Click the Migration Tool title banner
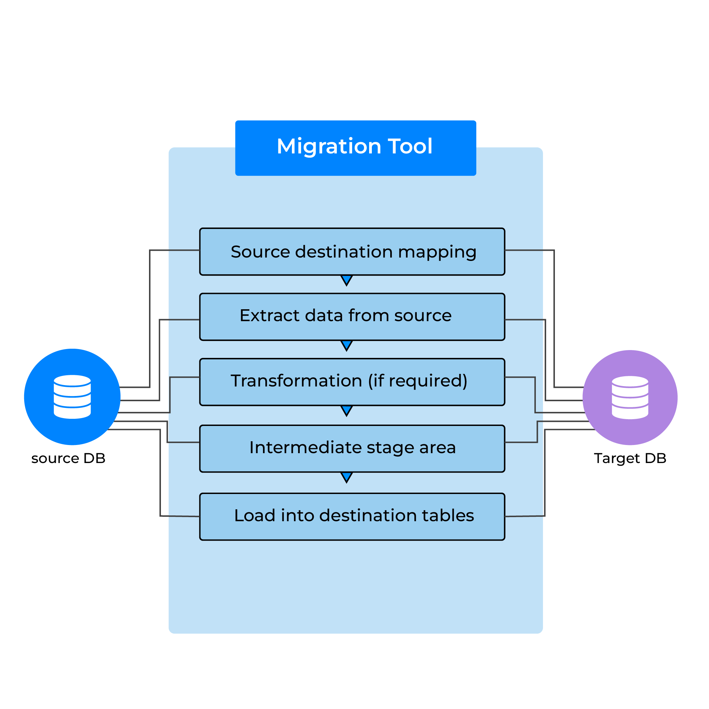pos(355,148)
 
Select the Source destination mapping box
pos(352,252)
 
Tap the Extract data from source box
pos(352,317)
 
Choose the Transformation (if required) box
pos(352,382)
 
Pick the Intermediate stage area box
pos(352,448)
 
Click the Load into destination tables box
pos(352,517)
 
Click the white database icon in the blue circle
pos(72,397)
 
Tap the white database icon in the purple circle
pos(630,397)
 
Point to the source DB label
pos(68,458)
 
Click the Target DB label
pos(630,458)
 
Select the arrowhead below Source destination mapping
pos(346,280)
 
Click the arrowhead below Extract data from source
pos(346,345)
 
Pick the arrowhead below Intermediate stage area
pos(346,477)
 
